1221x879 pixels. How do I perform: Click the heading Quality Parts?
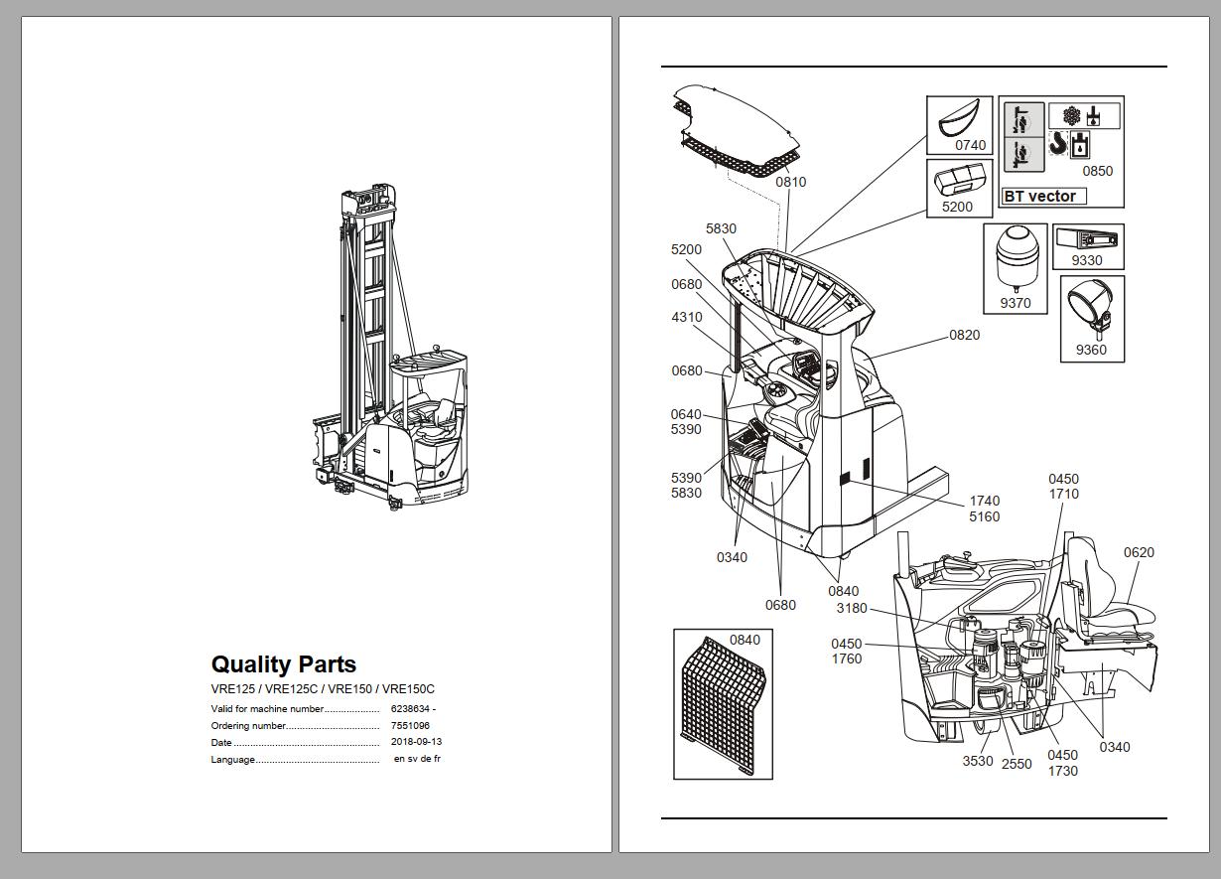(283, 664)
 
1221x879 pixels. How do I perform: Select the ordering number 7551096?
(410, 726)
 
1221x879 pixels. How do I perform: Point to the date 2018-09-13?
(416, 742)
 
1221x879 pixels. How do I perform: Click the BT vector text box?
(1043, 196)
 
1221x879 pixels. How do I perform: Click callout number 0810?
(790, 182)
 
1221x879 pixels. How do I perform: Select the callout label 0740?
(970, 145)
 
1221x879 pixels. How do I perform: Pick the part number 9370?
(1015, 303)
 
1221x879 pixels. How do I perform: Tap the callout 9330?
(1086, 260)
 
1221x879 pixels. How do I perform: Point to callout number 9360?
(1090, 350)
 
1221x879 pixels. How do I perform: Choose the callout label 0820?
(964, 335)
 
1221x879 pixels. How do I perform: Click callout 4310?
(686, 318)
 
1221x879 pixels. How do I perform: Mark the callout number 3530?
(977, 762)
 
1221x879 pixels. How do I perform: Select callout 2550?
(1016, 764)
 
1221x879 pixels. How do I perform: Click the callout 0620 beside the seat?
(1139, 552)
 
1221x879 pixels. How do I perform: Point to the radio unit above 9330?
(1087, 239)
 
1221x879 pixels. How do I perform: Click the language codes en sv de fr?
(417, 759)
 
